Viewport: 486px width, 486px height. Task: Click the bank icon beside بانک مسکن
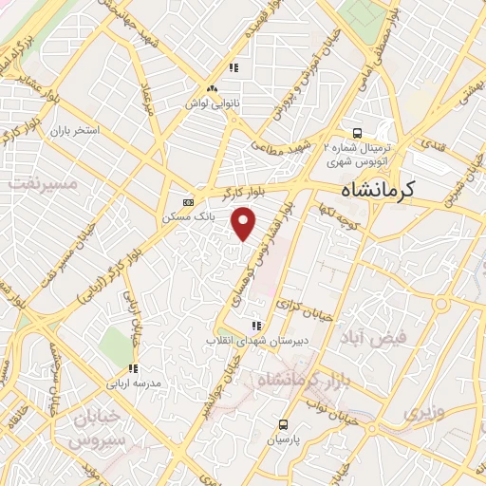pos(188,202)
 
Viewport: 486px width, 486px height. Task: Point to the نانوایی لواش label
pos(211,101)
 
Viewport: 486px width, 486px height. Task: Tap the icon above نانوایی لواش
pos(233,67)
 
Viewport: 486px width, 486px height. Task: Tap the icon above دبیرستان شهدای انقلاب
pos(254,326)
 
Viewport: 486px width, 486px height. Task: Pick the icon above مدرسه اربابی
pos(134,368)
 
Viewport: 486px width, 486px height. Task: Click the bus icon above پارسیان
pos(283,424)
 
